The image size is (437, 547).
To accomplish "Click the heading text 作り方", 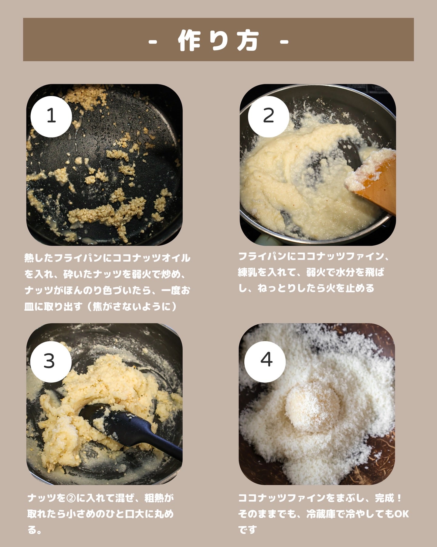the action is pyautogui.click(x=218, y=40).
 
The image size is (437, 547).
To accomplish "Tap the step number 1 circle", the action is pyautogui.click(x=51, y=116).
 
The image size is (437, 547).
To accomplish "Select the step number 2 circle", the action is pyautogui.click(x=268, y=116).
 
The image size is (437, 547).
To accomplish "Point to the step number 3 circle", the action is pyautogui.click(x=49, y=361).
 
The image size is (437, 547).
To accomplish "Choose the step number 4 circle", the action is pyautogui.click(x=266, y=360).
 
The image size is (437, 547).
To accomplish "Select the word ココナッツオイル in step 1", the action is pyautogui.click(x=151, y=258).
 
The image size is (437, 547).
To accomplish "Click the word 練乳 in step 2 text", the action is pyautogui.click(x=248, y=272).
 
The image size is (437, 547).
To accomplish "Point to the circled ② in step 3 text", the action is pyautogui.click(x=71, y=498).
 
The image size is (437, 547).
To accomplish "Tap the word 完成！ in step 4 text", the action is pyautogui.click(x=388, y=498).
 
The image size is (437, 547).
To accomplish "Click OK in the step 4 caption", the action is pyautogui.click(x=401, y=514).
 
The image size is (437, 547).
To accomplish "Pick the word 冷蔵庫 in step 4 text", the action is pyautogui.click(x=321, y=514).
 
